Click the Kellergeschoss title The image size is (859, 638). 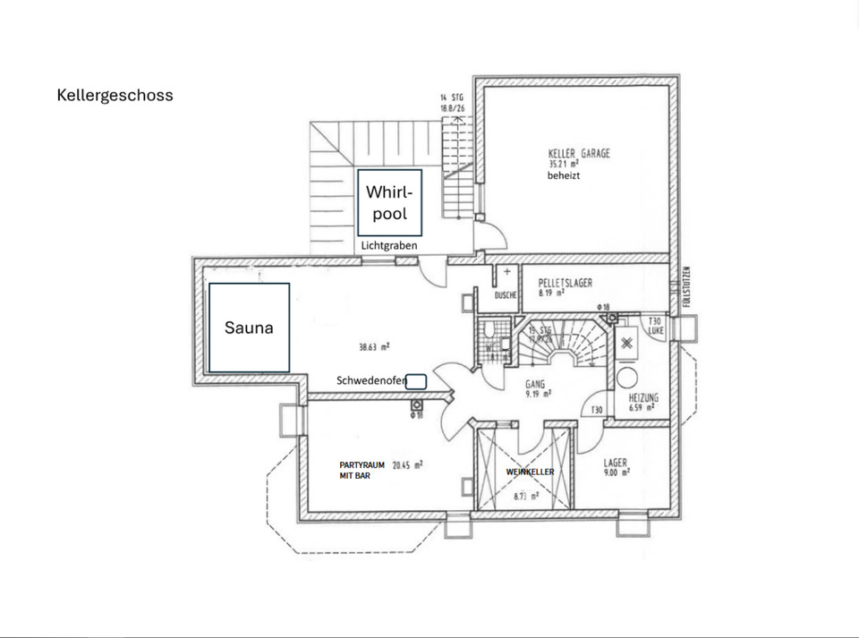[x=115, y=95]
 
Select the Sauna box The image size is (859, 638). [x=249, y=328]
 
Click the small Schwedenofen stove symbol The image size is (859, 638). [x=416, y=381]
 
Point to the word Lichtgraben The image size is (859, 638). [x=389, y=245]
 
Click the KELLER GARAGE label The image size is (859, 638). [x=579, y=154]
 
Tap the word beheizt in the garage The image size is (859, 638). [x=565, y=176]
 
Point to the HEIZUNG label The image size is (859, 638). [x=644, y=397]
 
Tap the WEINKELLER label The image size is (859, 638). [x=531, y=472]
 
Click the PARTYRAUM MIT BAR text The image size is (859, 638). [x=361, y=471]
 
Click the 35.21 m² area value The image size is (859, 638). [x=565, y=165]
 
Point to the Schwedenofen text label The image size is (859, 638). [x=371, y=381]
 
